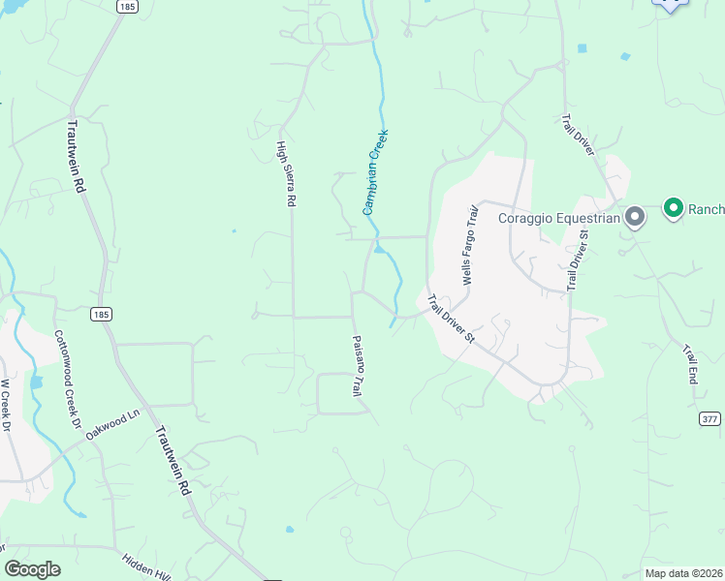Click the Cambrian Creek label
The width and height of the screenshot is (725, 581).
tap(375, 171)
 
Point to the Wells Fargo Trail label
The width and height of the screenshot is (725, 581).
tap(471, 244)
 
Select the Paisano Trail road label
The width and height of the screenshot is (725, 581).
tap(356, 365)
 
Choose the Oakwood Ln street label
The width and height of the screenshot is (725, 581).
tap(113, 425)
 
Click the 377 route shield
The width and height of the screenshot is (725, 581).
tap(709, 418)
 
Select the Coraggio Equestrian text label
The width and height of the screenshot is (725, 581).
tap(558, 217)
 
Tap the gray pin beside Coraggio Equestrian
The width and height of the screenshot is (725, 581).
tap(635, 217)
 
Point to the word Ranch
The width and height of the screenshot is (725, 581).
tap(707, 208)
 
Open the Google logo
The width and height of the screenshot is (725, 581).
tap(32, 569)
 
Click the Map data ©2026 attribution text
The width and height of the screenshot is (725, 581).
tap(683, 572)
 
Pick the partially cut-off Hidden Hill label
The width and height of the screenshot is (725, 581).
tap(146, 567)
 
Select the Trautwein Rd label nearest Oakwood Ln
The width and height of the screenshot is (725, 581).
tap(172, 463)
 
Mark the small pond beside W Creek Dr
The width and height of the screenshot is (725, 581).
tap(37, 382)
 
